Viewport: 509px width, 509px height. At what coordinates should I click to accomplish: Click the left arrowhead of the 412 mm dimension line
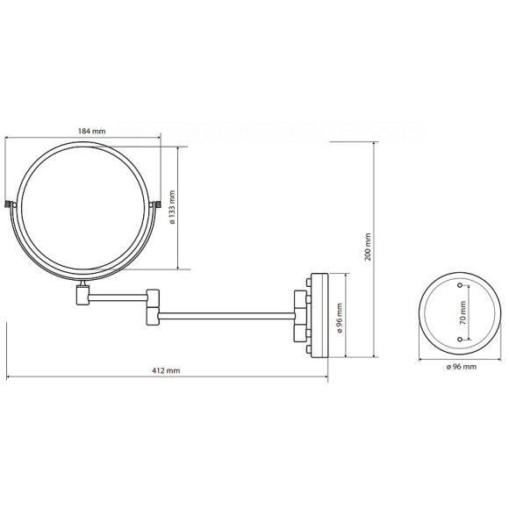(9, 378)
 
